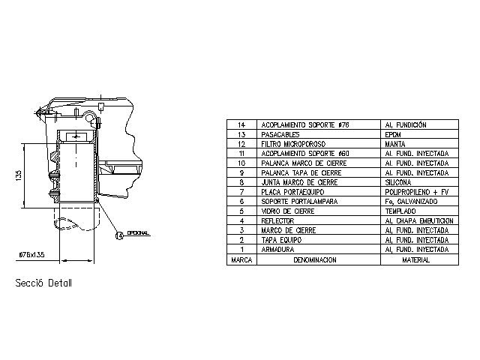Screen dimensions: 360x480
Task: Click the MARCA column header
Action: tap(241, 259)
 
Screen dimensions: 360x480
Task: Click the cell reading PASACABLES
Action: tap(280, 133)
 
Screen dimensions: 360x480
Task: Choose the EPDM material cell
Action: tap(394, 133)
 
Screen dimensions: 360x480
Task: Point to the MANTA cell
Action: tap(395, 143)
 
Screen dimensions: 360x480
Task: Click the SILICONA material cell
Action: tap(398, 182)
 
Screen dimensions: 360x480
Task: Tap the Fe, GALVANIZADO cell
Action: tap(409, 202)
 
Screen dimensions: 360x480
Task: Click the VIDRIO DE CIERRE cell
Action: tap(288, 211)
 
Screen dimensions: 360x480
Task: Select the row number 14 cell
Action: tap(241, 124)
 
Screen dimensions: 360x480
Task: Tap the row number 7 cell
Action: tap(241, 192)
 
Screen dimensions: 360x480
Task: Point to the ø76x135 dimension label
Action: tap(32, 255)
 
